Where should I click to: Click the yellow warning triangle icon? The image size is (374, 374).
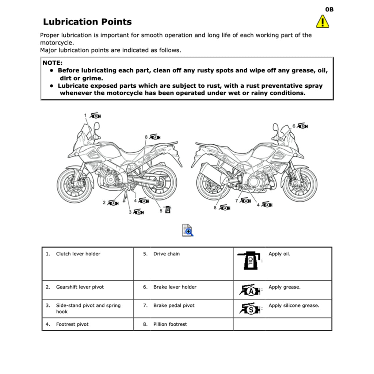[x=322, y=22]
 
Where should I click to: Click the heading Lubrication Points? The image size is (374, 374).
[x=87, y=22]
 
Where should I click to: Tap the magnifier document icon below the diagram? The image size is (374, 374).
[x=187, y=230]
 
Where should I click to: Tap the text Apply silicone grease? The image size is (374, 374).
[x=294, y=306]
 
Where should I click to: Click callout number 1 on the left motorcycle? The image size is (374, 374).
[x=85, y=115]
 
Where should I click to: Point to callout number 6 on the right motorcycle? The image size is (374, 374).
[x=294, y=126]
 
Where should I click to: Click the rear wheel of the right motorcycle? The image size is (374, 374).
[x=213, y=184]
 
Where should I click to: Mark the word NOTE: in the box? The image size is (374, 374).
[x=53, y=63]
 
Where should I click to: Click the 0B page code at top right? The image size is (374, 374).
[x=329, y=9]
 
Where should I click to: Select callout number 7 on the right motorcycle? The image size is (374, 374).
[x=237, y=201]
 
